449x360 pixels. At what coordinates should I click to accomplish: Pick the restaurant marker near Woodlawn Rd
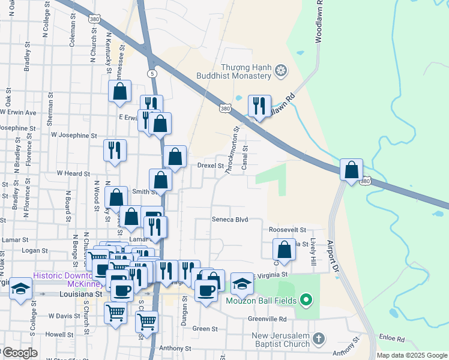click(259, 106)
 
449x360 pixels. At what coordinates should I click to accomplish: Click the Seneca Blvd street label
click(230, 220)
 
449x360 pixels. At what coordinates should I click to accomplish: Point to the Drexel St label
click(211, 166)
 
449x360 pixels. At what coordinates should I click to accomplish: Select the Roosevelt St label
click(288, 230)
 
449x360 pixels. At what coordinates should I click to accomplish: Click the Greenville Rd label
click(268, 319)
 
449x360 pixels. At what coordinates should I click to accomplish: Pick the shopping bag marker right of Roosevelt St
click(284, 250)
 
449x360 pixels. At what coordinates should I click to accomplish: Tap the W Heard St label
click(73, 173)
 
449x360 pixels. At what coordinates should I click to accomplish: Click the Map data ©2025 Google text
click(412, 355)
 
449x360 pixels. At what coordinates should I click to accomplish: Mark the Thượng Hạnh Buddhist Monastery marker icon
click(280, 73)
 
